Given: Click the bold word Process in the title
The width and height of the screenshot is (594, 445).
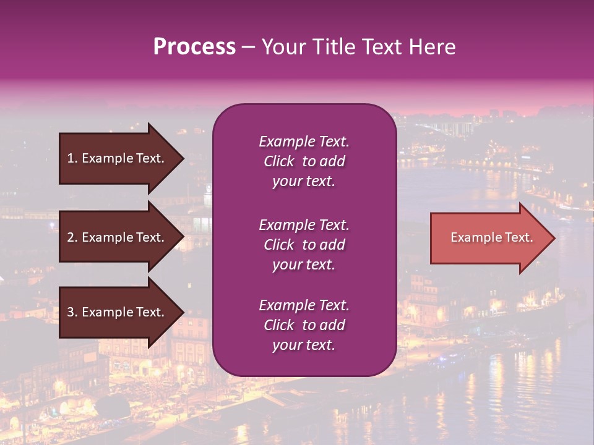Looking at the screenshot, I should (x=194, y=47).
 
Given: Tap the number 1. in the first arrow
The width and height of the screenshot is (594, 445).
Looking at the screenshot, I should (x=72, y=158).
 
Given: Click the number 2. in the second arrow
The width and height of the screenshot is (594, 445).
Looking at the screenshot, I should (x=72, y=237).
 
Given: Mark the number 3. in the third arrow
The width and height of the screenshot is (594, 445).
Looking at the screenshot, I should (x=72, y=312).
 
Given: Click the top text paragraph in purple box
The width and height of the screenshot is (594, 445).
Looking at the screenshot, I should (x=304, y=161).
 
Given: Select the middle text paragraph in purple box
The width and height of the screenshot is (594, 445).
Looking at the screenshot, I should (x=304, y=245).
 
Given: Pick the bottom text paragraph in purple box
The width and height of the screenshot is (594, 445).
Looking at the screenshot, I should (x=304, y=325).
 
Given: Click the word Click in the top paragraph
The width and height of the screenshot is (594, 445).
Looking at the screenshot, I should (x=278, y=161).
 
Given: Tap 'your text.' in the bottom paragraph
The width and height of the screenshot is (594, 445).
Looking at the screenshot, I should (x=304, y=345).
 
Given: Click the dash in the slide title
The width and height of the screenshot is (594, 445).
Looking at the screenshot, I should (x=248, y=48).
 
